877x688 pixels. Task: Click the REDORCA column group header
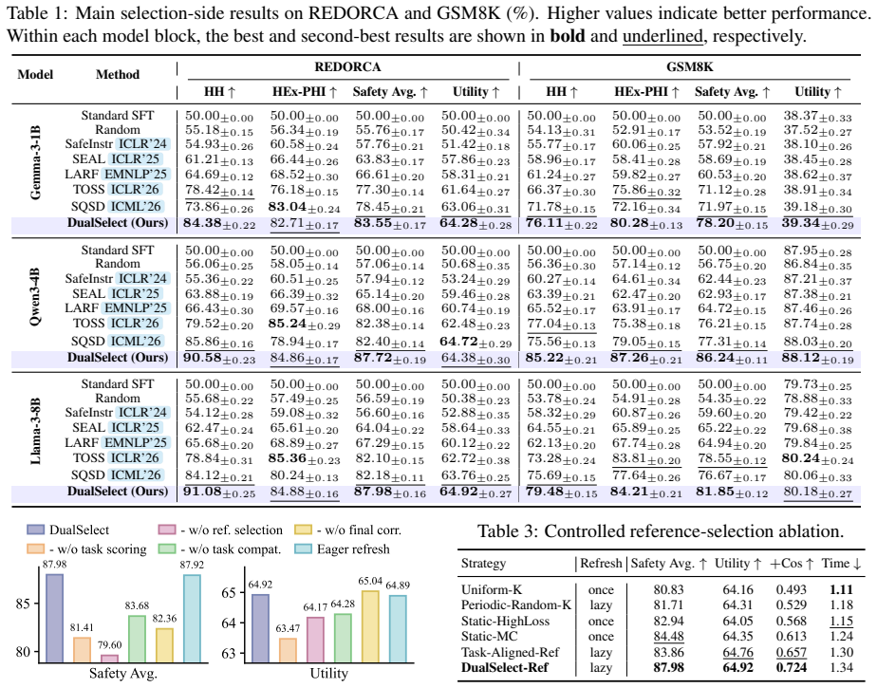point(347,67)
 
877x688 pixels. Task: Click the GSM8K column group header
point(690,67)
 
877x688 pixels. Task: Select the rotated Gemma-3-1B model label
point(35,163)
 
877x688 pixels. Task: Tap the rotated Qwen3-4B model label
point(35,299)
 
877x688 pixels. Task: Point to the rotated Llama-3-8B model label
point(35,431)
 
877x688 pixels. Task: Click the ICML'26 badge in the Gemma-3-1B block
point(136,207)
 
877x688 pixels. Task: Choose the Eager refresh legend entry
point(343,549)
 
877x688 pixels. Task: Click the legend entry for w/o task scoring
point(86,549)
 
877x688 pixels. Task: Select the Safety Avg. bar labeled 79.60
point(110,659)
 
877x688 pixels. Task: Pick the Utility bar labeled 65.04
point(370,627)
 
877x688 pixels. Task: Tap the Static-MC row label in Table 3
point(490,637)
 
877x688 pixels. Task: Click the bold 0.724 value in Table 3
point(792,668)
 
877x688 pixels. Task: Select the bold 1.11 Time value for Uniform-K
point(842,589)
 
